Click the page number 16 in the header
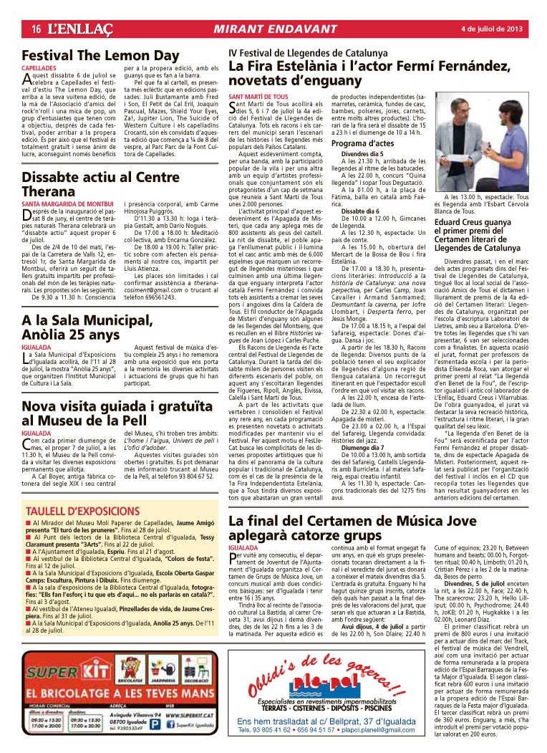[34, 28]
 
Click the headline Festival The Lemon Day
[101, 56]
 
